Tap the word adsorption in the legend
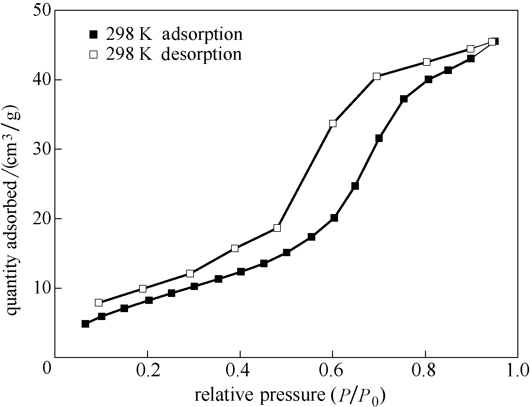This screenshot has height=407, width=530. (202, 34)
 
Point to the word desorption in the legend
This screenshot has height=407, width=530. (201, 54)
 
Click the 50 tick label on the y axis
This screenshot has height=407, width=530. (42, 10)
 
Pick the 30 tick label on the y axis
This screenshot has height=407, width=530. (42, 149)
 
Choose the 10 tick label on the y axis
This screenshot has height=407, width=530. (42, 288)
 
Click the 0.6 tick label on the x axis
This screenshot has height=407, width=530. (332, 369)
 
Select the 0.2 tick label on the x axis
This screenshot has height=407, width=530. (147, 369)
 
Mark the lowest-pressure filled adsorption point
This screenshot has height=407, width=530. (85, 324)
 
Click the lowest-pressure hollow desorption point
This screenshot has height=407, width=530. (99, 303)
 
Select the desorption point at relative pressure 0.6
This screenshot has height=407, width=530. (333, 123)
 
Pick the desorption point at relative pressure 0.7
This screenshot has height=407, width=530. (376, 76)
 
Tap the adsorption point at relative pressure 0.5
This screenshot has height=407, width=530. (287, 252)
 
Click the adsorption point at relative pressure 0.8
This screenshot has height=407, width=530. (428, 79)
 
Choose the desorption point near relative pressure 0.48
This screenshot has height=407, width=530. (277, 228)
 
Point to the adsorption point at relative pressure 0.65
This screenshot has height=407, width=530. (355, 186)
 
